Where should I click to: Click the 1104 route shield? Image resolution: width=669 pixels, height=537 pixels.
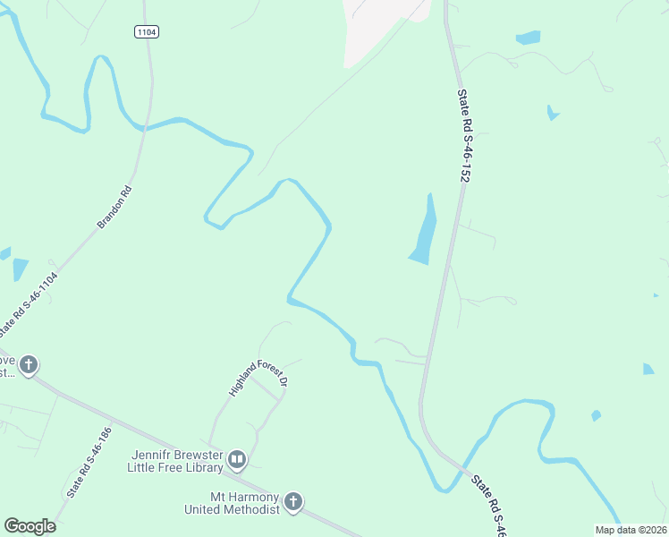point(147,31)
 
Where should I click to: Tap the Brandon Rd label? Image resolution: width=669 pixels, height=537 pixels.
point(114,207)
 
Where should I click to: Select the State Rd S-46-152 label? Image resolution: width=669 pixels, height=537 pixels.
point(462,135)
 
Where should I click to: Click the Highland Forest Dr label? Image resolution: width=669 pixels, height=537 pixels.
point(258,379)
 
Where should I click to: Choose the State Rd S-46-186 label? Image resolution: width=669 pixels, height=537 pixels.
point(89,462)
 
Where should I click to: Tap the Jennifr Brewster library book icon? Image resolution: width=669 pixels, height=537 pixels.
point(237,461)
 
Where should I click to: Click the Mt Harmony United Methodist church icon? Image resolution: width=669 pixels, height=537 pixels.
point(293,502)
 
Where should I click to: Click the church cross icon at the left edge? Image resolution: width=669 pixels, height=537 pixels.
point(29,365)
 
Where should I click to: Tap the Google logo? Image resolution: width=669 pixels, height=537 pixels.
point(30,526)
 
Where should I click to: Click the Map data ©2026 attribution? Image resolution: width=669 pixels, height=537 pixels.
point(631,530)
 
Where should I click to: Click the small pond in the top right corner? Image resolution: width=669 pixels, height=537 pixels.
point(529,38)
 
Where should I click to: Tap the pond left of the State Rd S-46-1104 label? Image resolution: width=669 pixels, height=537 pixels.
point(20,268)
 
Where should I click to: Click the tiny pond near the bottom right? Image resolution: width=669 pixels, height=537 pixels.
point(596,415)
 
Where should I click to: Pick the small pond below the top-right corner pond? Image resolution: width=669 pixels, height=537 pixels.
point(553,114)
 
